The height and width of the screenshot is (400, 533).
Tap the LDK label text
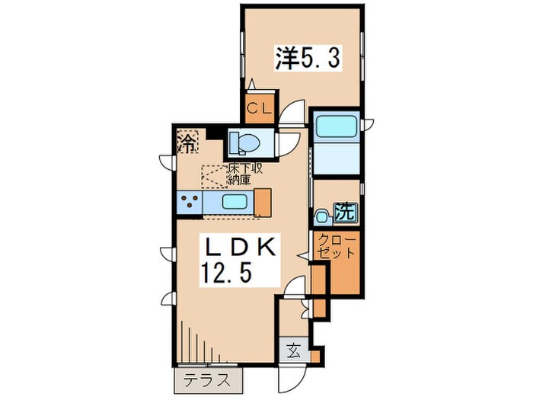240,248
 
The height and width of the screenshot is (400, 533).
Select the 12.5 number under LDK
227,273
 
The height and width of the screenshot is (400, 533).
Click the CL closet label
260,108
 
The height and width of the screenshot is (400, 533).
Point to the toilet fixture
244,142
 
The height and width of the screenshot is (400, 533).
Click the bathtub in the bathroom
337,127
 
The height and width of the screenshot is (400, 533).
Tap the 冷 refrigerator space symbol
187,142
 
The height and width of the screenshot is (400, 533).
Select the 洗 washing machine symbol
346,213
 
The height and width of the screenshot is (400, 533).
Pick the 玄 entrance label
294,350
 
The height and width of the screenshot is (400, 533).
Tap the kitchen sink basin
235,202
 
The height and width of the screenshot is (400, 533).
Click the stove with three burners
190,203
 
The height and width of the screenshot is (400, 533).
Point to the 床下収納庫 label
244,174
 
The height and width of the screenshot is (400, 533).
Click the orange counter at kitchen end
263,203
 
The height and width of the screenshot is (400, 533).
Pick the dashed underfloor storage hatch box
215,177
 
